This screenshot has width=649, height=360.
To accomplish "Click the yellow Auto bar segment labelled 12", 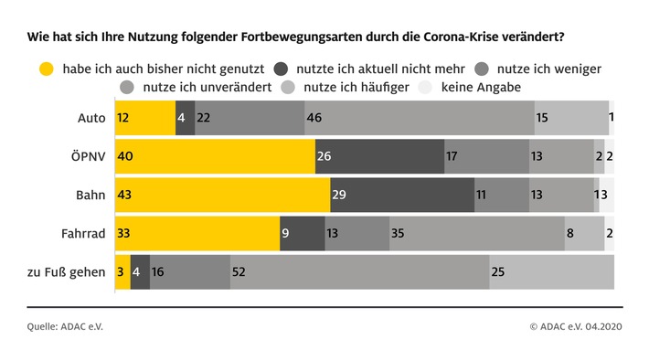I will [144, 118].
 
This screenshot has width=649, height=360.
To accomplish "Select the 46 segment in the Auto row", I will [420, 118].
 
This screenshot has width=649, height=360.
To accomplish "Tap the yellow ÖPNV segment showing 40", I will [215, 156].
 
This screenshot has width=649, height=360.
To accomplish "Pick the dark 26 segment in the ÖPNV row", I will [379, 156].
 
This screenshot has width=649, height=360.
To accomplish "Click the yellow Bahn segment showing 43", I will [222, 195].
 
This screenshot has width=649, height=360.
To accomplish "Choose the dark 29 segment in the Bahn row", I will [402, 195].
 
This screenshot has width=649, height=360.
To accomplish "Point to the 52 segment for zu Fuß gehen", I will [359, 271].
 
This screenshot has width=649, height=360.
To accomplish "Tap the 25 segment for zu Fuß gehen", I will [551, 271].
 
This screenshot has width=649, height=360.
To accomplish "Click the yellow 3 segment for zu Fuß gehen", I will [122, 271].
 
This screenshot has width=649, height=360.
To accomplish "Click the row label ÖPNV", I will [90, 156].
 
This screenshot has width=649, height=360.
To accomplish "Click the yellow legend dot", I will [44, 69].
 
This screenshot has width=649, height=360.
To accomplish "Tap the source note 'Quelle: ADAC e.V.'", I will [64, 325].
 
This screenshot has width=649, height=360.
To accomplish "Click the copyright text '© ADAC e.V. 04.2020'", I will [576, 325].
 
